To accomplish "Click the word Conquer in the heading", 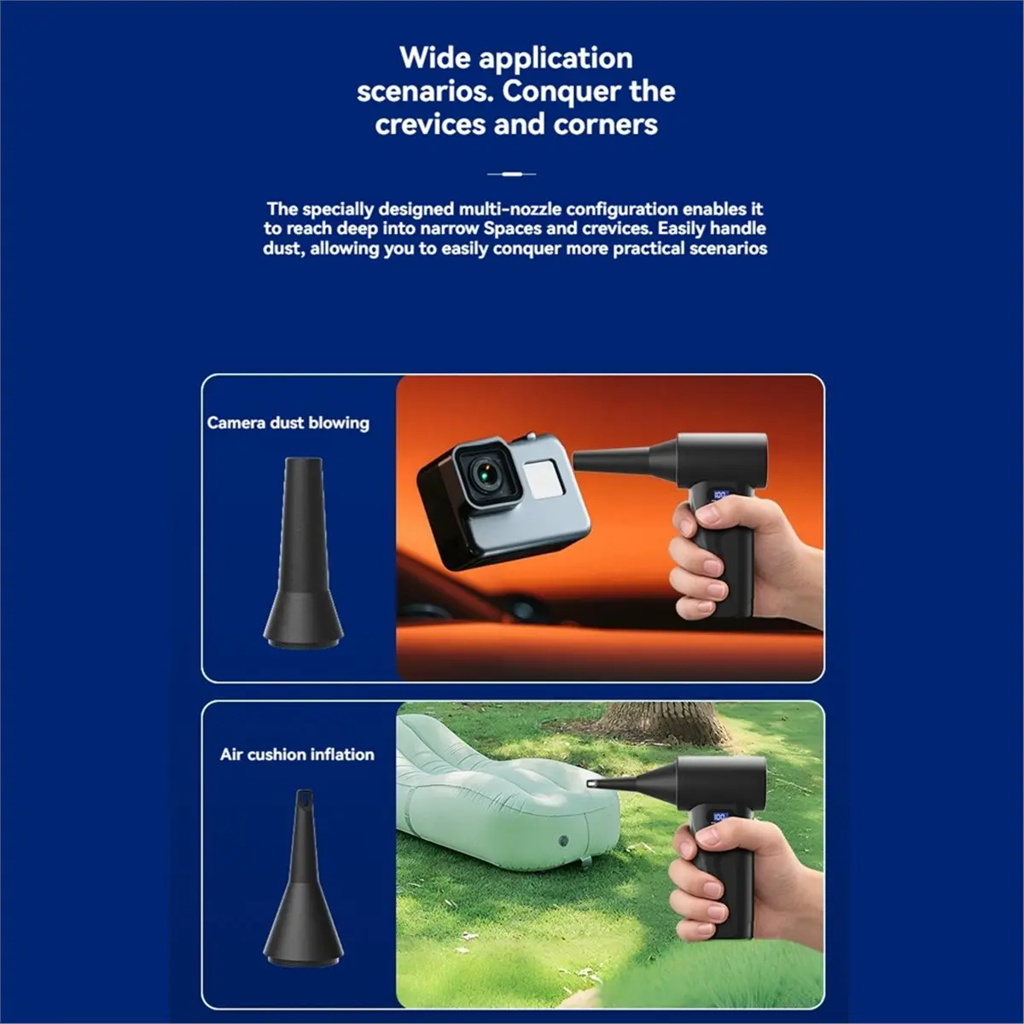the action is tap(562, 92).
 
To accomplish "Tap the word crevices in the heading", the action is tap(430, 125).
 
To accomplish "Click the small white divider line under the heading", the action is tap(511, 174).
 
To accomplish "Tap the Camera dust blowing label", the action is tap(288, 423).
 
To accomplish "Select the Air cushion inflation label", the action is tap(297, 754).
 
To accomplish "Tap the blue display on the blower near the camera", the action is tap(720, 495).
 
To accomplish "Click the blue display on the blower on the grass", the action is tap(719, 817).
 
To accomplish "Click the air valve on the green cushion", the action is tap(563, 841).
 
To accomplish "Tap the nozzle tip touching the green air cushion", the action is tap(591, 783).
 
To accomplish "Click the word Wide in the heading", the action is tap(433, 58).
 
